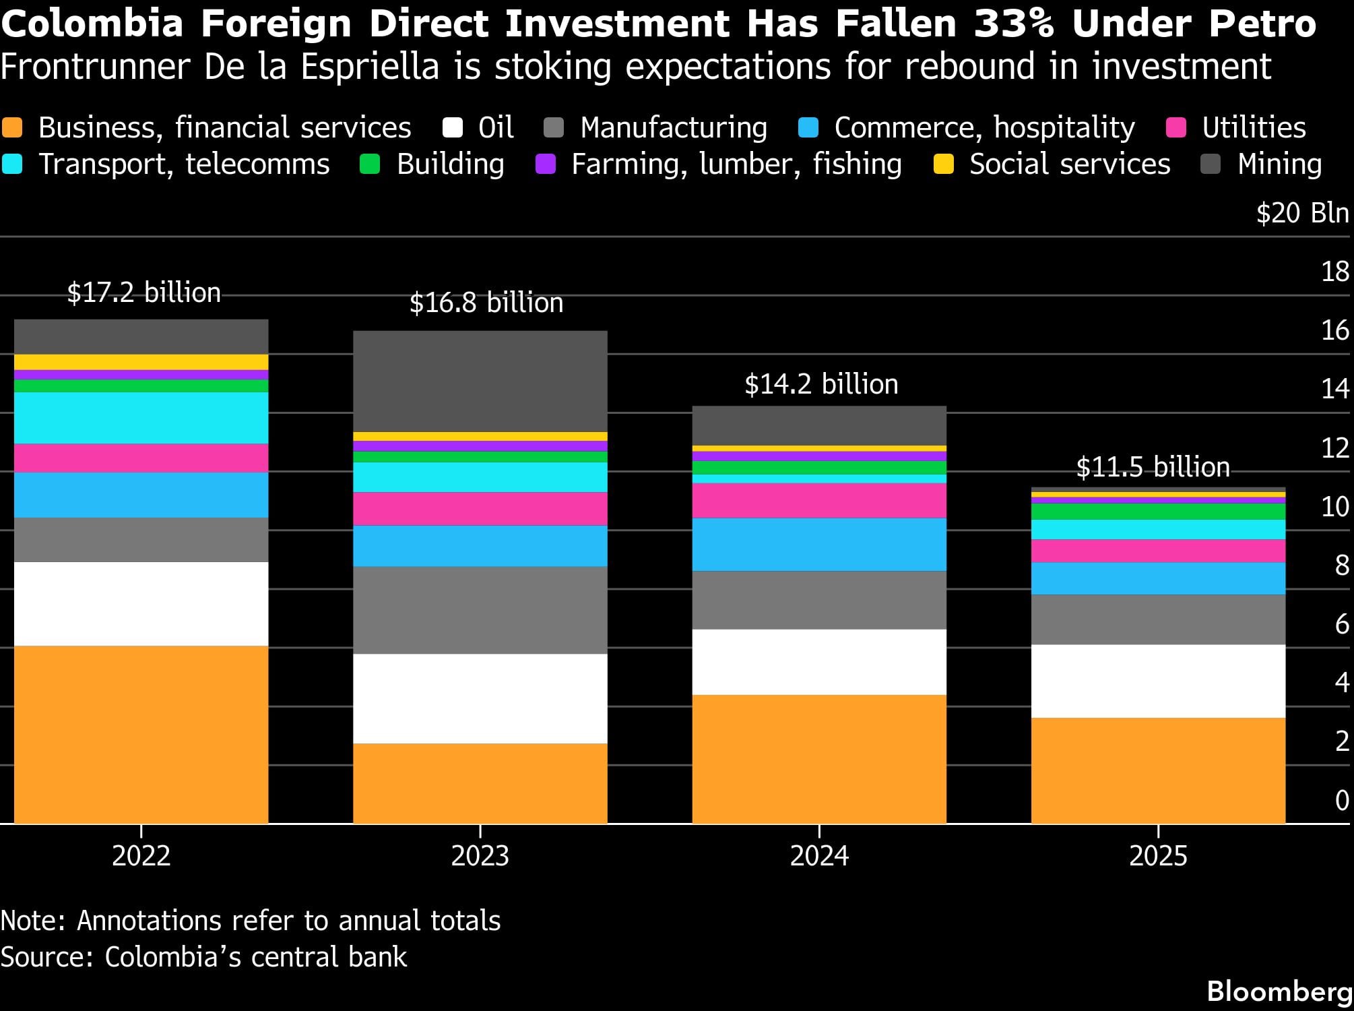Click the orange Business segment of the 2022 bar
141,735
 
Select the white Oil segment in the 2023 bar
480,699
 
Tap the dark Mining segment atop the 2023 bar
480,381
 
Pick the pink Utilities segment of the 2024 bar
819,501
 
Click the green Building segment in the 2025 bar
1158,512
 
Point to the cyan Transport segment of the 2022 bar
141,418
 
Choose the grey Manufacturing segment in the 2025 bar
1158,620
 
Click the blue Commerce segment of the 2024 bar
819,545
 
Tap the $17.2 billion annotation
143,293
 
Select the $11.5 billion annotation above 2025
1153,467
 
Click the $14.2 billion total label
821,385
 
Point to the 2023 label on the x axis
480,856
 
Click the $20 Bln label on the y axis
1303,213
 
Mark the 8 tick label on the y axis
1342,565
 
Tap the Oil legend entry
478,127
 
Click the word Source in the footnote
46,957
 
